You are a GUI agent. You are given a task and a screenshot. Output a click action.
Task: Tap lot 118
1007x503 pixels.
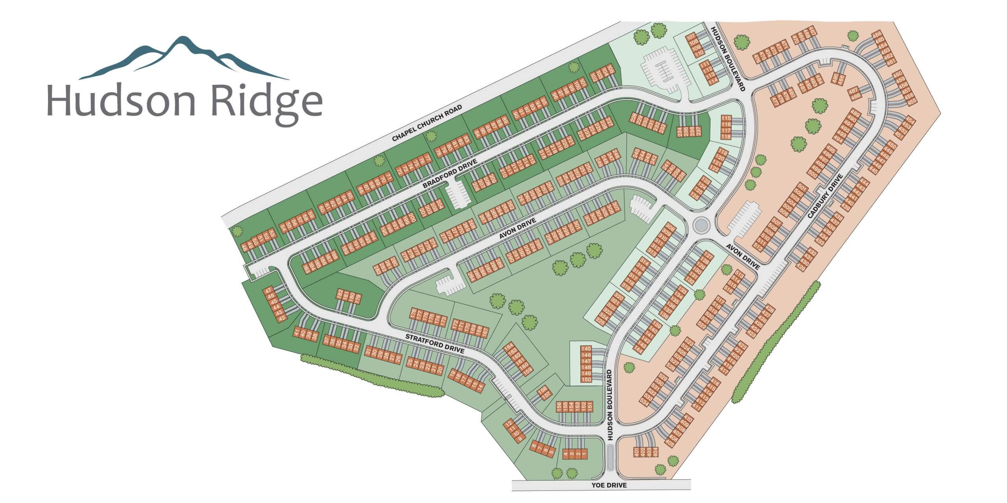(x=726, y=136)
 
